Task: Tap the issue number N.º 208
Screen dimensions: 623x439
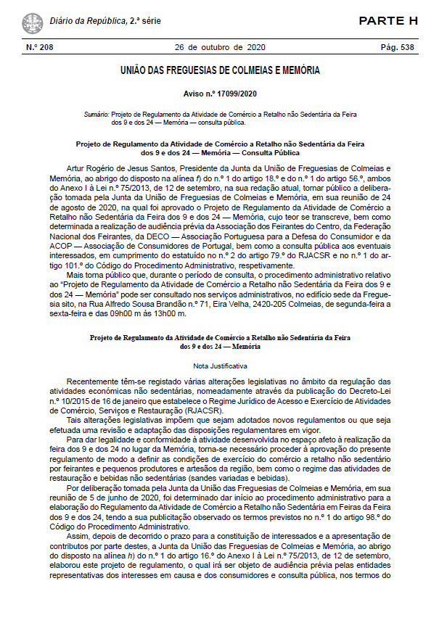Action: tap(40, 47)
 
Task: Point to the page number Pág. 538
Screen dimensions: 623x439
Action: tap(398, 47)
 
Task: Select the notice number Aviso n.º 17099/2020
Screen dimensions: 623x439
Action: tap(220, 94)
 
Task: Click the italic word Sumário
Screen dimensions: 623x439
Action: tap(95, 114)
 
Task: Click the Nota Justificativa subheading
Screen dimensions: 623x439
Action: tap(220, 366)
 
